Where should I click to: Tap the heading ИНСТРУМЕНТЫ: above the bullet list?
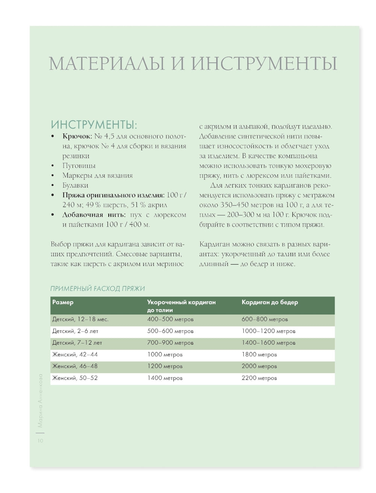(x=94, y=124)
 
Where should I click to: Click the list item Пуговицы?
(x=79, y=165)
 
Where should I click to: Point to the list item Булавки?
(x=75, y=185)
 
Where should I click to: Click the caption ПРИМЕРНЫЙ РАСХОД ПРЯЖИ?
(x=98, y=288)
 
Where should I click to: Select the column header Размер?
(x=63, y=302)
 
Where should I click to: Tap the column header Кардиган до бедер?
(x=270, y=302)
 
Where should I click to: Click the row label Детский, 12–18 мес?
(x=80, y=319)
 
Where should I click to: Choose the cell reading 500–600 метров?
(x=170, y=331)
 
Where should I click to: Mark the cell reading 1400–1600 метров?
(x=268, y=343)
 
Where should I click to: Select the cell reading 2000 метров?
(x=259, y=366)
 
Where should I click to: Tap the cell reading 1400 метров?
(x=165, y=378)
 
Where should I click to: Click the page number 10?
(x=40, y=440)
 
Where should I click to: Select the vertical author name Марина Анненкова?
(x=41, y=401)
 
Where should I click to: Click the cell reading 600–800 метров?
(x=265, y=319)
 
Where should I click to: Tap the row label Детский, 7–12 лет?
(x=77, y=343)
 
